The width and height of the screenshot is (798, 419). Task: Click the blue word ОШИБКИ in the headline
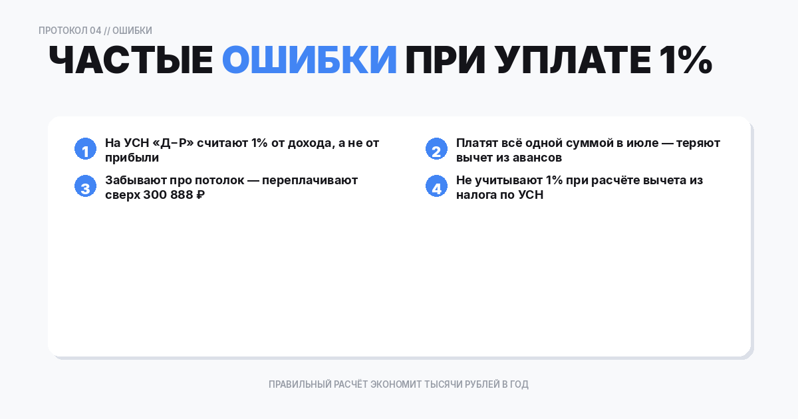point(309,61)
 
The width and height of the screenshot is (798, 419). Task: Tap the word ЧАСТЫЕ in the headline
point(130,61)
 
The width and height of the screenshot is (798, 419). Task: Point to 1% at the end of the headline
point(685,61)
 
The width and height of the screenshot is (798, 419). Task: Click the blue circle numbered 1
point(85,149)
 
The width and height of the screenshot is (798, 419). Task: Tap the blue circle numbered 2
point(436,149)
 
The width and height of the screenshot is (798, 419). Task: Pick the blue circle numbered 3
point(85,186)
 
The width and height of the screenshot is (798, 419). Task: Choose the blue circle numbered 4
point(436,186)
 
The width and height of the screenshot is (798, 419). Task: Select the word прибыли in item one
point(132,158)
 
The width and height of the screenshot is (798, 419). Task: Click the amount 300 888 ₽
point(174,196)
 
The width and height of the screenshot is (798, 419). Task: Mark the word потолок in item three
point(215,180)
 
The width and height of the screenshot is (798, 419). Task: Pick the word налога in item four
point(477,196)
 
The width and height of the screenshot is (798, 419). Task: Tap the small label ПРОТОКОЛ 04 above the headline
point(70,31)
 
